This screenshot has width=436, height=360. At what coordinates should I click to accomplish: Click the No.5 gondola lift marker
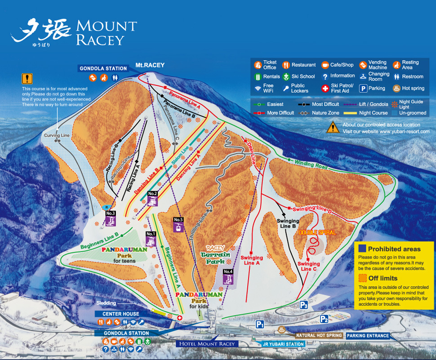[x=178, y=224]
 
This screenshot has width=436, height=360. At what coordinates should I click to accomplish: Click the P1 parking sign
[x=260, y=324]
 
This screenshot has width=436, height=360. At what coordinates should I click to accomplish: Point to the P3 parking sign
[x=304, y=305]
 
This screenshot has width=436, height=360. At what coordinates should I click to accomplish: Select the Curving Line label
[x=57, y=135]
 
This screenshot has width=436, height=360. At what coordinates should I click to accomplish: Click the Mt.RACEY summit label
[x=150, y=65]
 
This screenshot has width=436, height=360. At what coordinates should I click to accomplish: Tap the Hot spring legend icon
[x=396, y=89]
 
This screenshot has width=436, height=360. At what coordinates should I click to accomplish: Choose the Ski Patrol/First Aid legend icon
[x=325, y=89]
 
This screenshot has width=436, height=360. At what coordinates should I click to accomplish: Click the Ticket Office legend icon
[x=258, y=65]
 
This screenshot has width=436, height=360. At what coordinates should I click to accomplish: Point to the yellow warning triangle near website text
[x=333, y=127]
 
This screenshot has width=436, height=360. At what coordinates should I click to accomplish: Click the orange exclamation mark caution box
[x=27, y=79]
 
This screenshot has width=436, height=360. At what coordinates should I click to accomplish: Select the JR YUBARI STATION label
[x=283, y=344]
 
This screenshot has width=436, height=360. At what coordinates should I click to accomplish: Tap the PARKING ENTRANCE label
[x=368, y=336]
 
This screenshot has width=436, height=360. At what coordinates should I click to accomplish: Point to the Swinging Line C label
[x=309, y=266]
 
